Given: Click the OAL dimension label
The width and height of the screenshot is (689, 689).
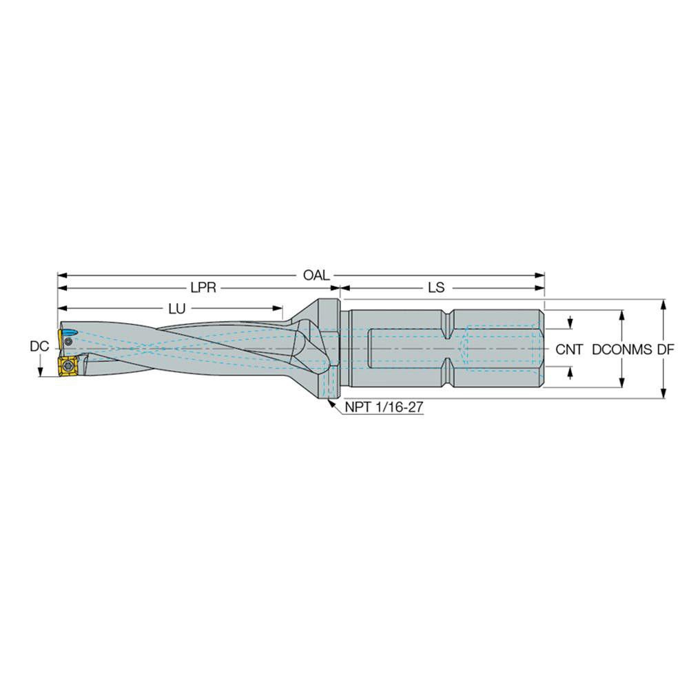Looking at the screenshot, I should (316, 274).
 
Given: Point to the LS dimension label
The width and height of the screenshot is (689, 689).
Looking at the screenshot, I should (436, 288).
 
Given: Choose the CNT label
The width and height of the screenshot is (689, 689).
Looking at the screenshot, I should (570, 349).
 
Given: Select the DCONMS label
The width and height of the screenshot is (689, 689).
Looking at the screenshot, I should (621, 349).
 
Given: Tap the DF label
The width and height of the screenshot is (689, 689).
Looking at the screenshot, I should (665, 349).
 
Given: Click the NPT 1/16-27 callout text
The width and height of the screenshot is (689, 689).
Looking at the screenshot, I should (384, 407).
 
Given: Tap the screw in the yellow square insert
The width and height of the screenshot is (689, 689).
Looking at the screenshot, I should (68, 366).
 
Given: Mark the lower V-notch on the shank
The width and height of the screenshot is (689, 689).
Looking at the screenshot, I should (449, 378).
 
